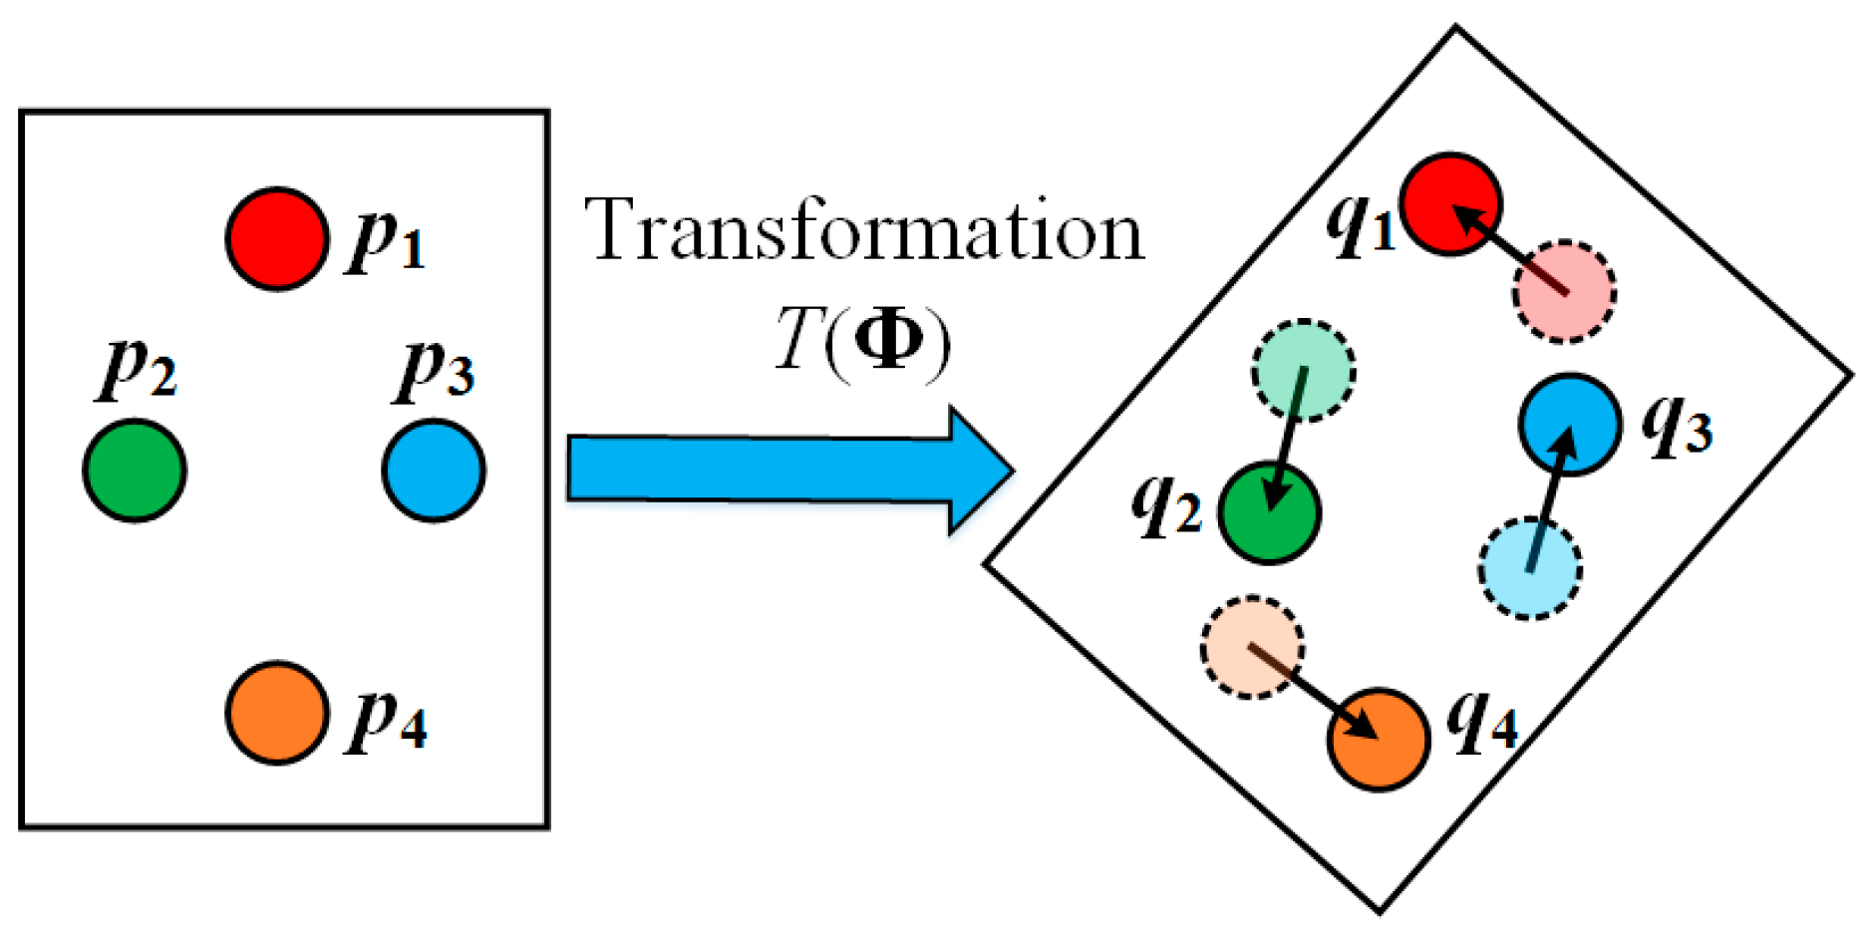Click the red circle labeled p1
pos(277,239)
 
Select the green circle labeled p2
pos(135,470)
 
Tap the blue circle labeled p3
pos(434,470)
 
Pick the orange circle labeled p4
pos(277,713)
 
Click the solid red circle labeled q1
pos(1450,204)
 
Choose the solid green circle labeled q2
pos(1269,513)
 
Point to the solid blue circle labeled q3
pos(1570,424)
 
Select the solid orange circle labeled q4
pos(1379,740)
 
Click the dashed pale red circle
pos(1564,292)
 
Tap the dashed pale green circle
pos(1304,371)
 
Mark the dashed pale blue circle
pos(1530,568)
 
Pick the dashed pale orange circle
pos(1253,648)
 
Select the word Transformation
pos(863,231)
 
